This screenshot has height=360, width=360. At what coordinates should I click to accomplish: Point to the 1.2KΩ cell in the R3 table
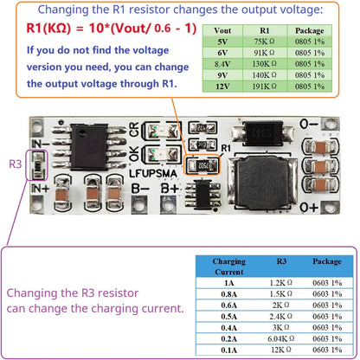pos(280,281)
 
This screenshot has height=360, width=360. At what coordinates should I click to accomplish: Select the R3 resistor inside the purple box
pos(36,164)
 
